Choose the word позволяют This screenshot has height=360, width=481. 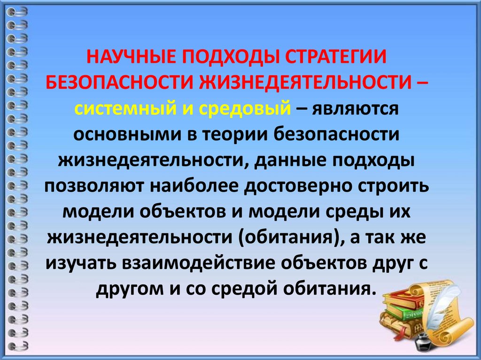click(95, 185)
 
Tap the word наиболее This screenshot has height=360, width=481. click(196, 185)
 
